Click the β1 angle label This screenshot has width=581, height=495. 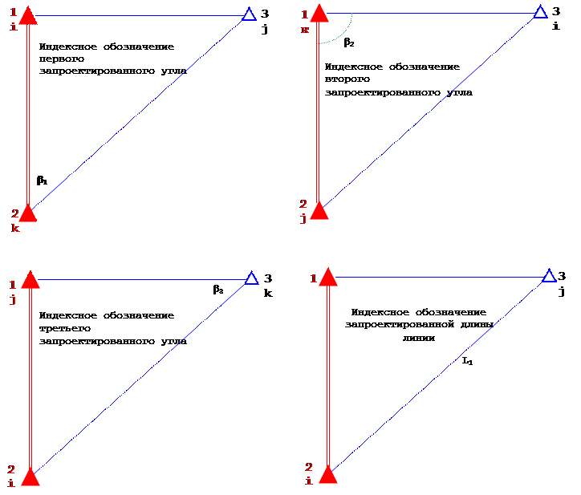tap(42, 181)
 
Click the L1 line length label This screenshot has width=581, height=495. tap(467, 362)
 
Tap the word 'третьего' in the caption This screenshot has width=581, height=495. tap(64, 328)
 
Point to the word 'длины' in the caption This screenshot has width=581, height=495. tap(462, 325)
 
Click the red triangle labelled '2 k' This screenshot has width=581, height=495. tap(28, 212)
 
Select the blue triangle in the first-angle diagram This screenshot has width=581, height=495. tap(249, 14)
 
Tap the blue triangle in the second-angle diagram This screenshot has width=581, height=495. tap(541, 12)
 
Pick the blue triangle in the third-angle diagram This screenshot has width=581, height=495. tap(251, 278)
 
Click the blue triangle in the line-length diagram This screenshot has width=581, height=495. tap(549, 276)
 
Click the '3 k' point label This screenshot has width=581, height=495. tap(269, 285)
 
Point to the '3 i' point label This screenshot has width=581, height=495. tap(555, 18)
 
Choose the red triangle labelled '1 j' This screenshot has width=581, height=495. tap(30, 279)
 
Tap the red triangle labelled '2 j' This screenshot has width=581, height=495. tap(319, 210)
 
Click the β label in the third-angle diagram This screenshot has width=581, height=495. tap(218, 290)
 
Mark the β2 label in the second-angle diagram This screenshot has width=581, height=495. tap(349, 42)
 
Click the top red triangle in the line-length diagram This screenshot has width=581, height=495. tap(328, 277)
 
